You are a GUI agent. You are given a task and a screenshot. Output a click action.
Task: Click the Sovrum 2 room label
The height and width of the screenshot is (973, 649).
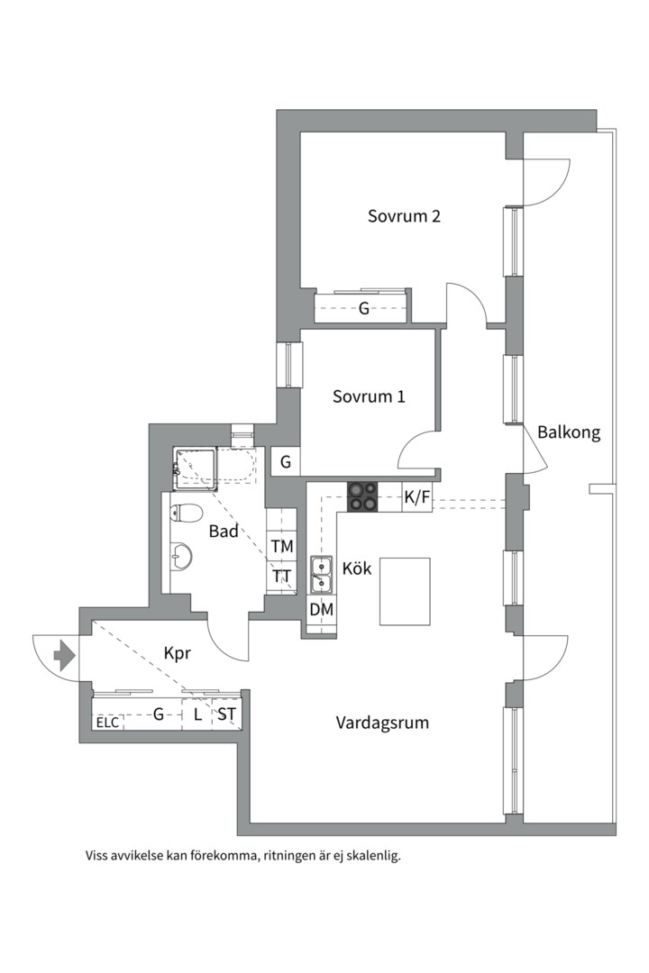point(404,216)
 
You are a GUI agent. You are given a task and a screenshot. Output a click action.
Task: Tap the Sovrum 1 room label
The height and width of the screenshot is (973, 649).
point(369,396)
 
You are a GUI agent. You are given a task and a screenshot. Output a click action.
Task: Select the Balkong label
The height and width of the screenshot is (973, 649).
point(569,432)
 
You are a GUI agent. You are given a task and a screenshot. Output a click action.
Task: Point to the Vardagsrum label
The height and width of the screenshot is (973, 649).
point(382,723)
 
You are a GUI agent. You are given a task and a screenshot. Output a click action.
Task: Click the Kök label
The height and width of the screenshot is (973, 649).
point(357,569)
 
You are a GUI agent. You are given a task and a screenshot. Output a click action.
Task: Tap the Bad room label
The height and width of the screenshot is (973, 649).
point(224,532)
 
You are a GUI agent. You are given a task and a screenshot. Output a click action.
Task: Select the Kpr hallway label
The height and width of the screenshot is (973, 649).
point(177,654)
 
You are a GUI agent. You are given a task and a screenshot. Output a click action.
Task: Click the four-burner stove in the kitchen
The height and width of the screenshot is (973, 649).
point(364,497)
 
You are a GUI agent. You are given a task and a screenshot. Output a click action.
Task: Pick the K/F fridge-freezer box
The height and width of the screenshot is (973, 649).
point(416,497)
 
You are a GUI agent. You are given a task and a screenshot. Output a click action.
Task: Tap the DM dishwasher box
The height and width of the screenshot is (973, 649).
point(322,610)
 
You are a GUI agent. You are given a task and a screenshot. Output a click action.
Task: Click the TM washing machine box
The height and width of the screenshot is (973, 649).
point(282,547)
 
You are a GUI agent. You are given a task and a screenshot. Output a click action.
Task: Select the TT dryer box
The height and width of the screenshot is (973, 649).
point(282,577)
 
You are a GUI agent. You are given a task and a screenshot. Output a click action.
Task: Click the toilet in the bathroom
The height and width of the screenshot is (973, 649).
point(187,514)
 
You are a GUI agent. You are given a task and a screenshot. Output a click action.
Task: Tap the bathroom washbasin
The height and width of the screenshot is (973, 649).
point(180,557)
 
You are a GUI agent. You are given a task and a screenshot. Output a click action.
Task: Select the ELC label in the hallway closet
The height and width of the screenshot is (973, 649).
point(107,722)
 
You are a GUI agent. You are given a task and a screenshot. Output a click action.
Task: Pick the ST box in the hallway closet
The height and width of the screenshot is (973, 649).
point(226,715)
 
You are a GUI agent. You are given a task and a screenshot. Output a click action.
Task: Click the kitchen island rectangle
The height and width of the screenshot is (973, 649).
point(405,591)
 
